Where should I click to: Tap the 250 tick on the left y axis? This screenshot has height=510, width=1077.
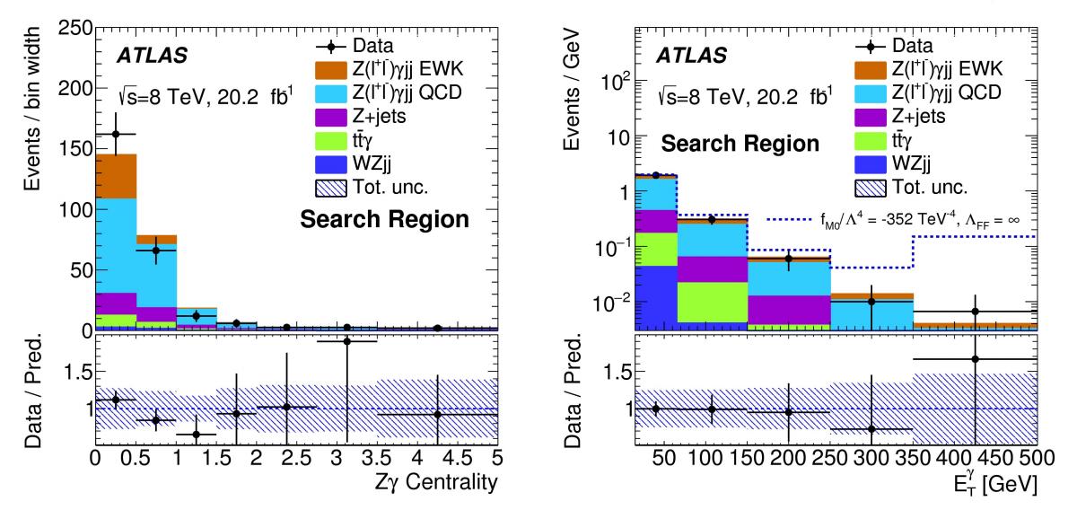74,28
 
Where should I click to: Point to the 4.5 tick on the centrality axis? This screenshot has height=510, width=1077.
458,458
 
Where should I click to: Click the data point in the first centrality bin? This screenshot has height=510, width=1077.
115,134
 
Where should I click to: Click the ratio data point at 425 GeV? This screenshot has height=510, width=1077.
975,359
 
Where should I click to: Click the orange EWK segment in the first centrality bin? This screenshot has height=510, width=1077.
115,176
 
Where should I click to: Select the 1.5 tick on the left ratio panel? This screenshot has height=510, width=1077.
75,370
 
